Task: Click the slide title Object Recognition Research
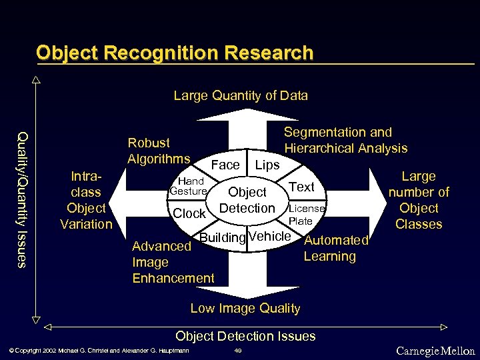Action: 175,53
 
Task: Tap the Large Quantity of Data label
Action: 241,95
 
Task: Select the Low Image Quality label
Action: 245,308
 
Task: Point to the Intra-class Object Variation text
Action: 86,200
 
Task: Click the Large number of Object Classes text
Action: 419,200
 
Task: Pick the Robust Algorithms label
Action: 159,151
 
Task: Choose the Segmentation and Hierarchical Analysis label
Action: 345,140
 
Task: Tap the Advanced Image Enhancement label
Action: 173,262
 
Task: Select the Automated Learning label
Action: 336,248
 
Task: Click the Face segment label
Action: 225,165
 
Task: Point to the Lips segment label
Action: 268,165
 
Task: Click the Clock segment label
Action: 189,214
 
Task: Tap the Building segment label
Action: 223,237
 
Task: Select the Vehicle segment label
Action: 270,237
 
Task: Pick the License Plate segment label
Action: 306,214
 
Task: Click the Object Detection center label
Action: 247,200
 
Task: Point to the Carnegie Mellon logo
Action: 435,351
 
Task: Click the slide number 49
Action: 237,351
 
